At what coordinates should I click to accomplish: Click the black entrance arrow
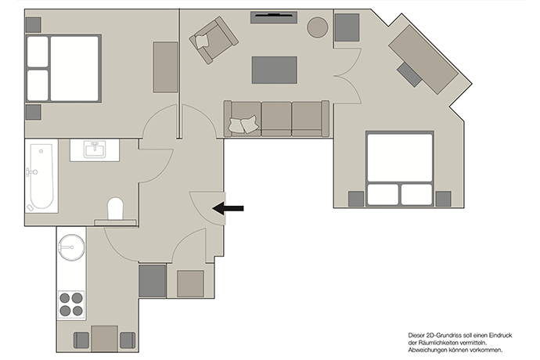pos(228,208)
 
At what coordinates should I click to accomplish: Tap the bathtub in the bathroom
pos(41,176)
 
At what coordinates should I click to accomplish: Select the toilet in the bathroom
pos(115,209)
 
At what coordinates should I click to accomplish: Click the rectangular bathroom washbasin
pos(95,149)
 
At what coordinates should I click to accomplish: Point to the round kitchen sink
pos(71,247)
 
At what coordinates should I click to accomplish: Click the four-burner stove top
pos(71,304)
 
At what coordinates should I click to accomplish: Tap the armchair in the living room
pos(214,41)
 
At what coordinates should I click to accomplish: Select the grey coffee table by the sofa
pos(274,70)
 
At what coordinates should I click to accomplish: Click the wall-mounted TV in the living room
pos(274,17)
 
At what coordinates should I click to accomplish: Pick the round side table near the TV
pos(317,27)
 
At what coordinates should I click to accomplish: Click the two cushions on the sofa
pos(243,124)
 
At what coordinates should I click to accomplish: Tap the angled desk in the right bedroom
pos(423,59)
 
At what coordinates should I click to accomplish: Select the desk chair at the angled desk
pos(409,74)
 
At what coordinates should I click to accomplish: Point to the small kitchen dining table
pos(105,339)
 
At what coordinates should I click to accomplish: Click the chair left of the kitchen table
pos(81,340)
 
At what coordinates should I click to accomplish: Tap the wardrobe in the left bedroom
pos(165,67)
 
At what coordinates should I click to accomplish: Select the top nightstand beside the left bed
pos(34,25)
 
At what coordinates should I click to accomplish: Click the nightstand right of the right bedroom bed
pos(443,199)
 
